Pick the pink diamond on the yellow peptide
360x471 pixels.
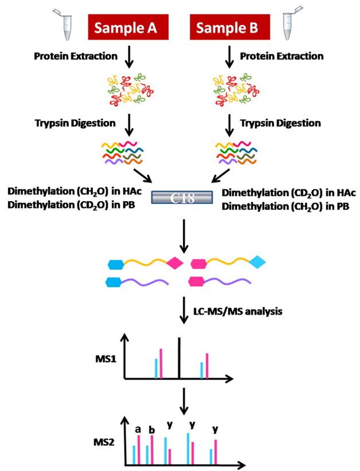175,264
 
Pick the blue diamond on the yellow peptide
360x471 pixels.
257,262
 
